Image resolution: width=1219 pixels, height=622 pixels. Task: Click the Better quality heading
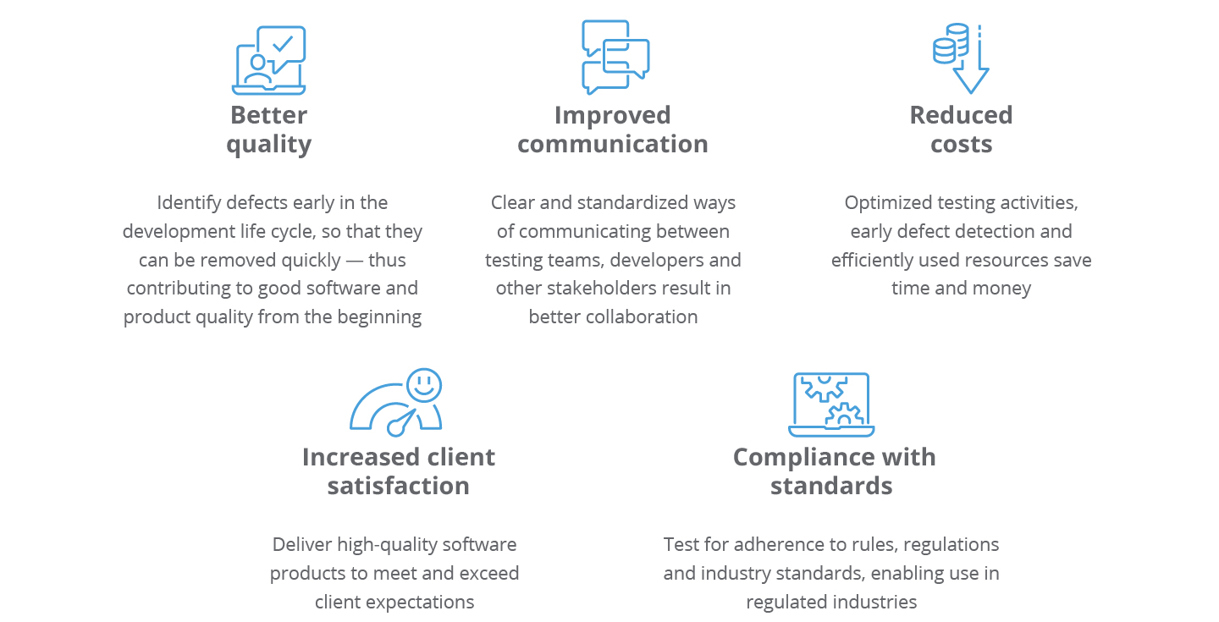[x=268, y=129]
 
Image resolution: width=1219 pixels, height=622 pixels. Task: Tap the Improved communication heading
[x=612, y=129]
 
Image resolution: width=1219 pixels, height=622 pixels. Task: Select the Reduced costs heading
[x=961, y=129]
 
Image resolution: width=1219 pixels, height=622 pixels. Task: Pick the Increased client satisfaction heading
[x=398, y=471]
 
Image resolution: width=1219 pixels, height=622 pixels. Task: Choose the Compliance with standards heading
[x=833, y=471]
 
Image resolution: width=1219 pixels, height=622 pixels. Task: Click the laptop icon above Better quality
[x=268, y=61]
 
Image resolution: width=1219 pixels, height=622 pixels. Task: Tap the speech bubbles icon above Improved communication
[x=615, y=58]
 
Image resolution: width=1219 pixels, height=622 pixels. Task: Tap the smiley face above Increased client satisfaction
[x=423, y=385]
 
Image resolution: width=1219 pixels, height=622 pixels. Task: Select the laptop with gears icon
[x=831, y=405]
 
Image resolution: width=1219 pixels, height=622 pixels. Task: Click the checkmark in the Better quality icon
[x=284, y=43]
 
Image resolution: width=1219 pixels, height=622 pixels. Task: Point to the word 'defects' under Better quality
[x=257, y=203]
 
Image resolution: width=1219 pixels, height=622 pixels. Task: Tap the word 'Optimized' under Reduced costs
[x=885, y=203]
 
